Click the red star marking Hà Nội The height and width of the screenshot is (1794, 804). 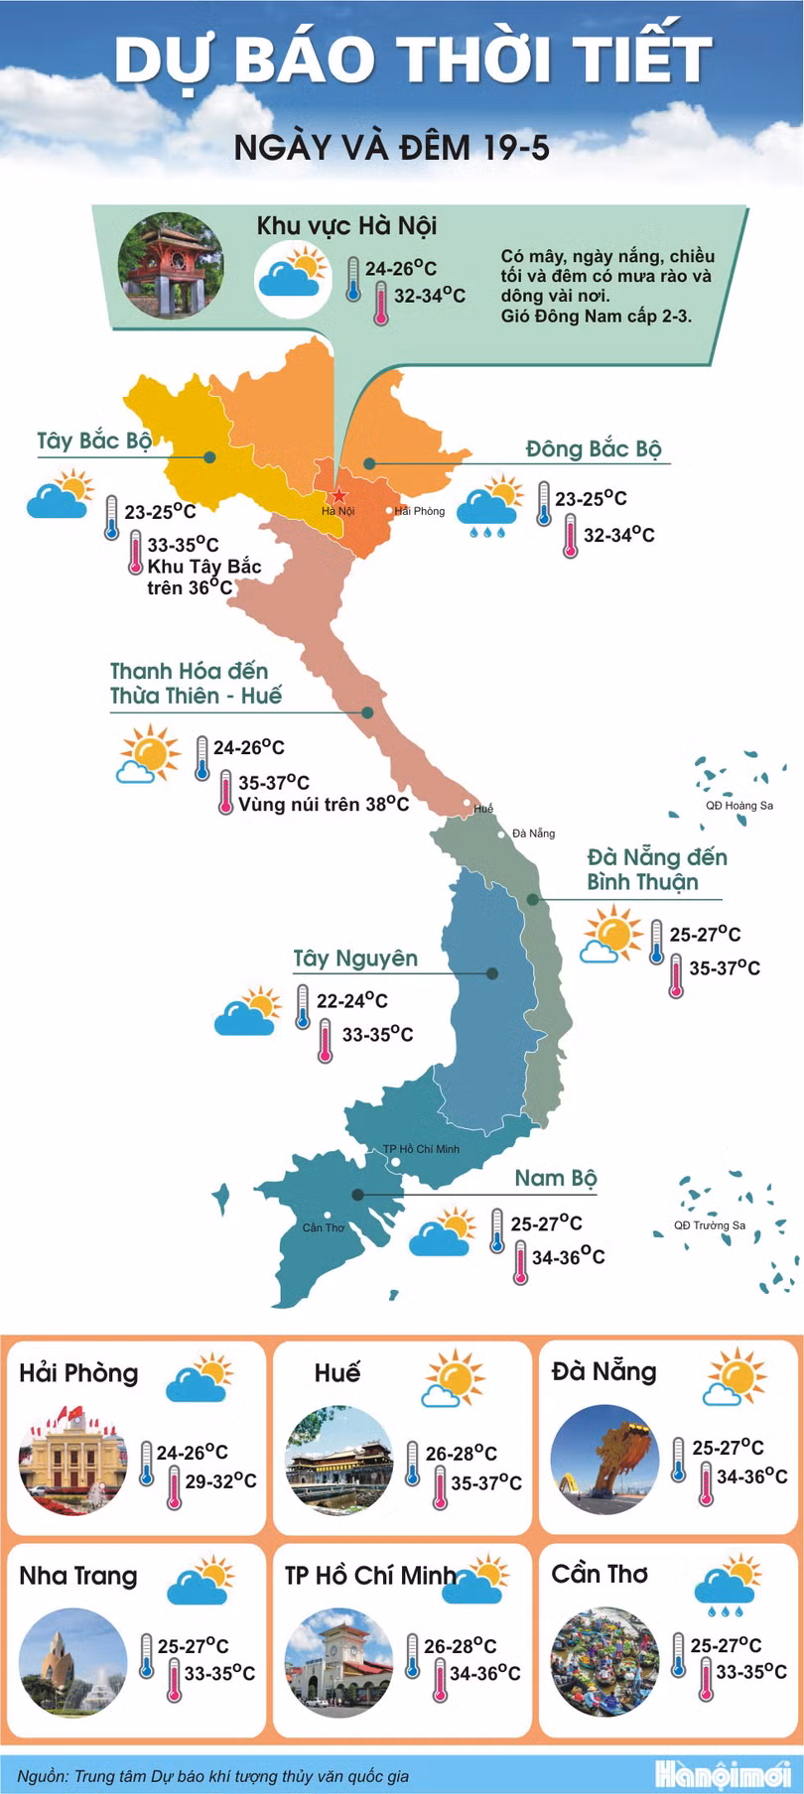click(339, 494)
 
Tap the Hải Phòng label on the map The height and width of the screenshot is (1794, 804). click(420, 511)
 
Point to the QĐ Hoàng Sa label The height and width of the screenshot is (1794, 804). click(738, 806)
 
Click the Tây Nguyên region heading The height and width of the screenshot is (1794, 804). click(355, 959)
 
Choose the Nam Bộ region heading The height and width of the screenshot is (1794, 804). click(555, 1178)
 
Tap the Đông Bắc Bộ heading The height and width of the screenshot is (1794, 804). click(593, 448)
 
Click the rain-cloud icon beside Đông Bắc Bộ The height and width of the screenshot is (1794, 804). click(487, 506)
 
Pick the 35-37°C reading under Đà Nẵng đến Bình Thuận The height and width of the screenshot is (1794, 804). click(725, 967)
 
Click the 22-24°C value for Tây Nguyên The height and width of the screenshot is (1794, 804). click(351, 1000)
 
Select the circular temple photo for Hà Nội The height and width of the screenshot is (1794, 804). click(171, 265)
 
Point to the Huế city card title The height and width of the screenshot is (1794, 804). click(336, 1372)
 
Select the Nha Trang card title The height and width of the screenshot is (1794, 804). click(78, 1576)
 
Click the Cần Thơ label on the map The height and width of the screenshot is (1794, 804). click(324, 1227)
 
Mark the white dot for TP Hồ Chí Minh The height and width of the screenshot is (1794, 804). click(394, 1162)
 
